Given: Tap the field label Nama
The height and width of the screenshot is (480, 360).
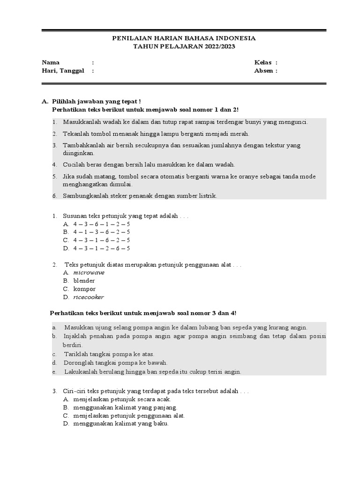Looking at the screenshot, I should [51, 62].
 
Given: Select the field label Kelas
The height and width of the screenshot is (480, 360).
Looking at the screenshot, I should [263, 62].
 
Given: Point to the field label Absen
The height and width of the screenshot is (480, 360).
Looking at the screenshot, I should [263, 71].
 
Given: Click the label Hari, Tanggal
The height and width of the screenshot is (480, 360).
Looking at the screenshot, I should [63, 71].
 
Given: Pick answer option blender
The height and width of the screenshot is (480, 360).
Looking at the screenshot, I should [84, 281].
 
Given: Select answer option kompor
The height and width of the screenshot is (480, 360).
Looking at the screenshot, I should [84, 289].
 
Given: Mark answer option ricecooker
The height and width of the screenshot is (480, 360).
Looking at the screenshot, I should [89, 297].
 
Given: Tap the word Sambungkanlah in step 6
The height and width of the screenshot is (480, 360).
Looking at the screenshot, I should [85, 196].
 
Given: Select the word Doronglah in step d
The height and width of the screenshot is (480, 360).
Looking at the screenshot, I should [78, 363].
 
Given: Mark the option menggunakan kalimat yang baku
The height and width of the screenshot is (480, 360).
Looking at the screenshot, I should [120, 424].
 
